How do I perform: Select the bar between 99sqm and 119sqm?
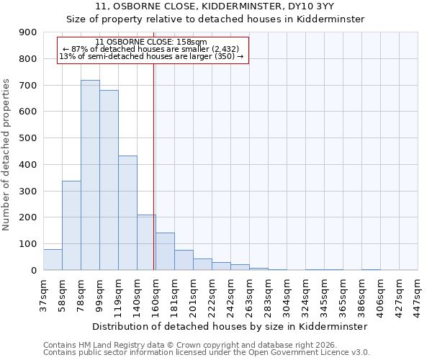coord(109,180)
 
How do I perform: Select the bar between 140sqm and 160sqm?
coord(146,243)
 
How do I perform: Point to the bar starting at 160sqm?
coord(165,251)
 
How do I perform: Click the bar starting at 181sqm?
coord(184,260)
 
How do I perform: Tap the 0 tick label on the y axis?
coord(33,270)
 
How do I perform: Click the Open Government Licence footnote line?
coord(207,352)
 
